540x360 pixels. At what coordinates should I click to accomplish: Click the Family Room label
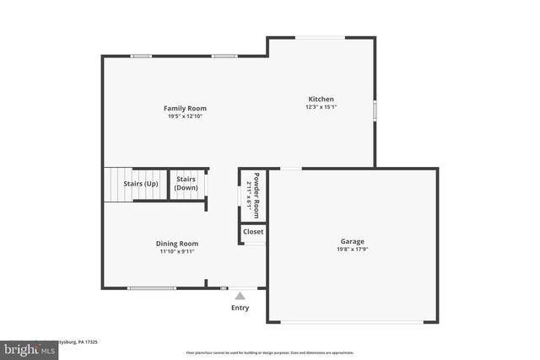click(x=185, y=108)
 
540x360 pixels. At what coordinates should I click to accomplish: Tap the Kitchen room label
click(x=321, y=99)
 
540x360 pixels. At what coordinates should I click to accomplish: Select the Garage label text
click(x=353, y=241)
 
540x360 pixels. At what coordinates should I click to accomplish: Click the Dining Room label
click(x=178, y=244)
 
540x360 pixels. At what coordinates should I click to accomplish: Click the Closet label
click(x=253, y=231)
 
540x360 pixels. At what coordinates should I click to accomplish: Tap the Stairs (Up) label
click(x=141, y=183)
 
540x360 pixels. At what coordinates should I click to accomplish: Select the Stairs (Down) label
click(x=186, y=183)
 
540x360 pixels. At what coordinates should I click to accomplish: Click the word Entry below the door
click(x=240, y=308)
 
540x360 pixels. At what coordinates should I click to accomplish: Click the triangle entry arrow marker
click(x=240, y=296)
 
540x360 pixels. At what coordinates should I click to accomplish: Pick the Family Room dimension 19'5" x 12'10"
click(x=185, y=116)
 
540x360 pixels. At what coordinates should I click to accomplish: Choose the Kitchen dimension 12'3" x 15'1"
click(x=321, y=107)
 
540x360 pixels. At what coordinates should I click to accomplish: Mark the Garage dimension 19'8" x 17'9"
click(x=353, y=249)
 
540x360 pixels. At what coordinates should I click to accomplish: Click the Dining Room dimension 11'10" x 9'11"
click(x=178, y=251)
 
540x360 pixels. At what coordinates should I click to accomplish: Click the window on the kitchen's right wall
click(x=375, y=110)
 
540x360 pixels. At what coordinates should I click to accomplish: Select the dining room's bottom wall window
click(x=152, y=288)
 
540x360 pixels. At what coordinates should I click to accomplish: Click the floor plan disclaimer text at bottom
click(x=269, y=352)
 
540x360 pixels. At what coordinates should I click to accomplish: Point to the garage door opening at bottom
click(x=353, y=322)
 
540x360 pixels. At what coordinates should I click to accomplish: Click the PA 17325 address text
click(x=84, y=341)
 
